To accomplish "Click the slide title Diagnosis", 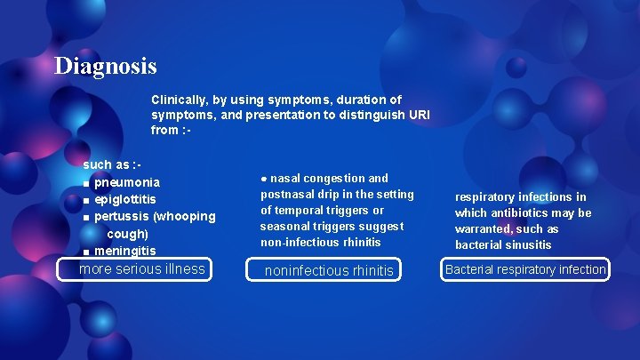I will (105, 66).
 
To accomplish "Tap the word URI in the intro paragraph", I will (418, 115).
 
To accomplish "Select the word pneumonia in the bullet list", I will (127, 183).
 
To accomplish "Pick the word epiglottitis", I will (125, 200).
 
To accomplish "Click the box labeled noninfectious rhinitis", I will (329, 270).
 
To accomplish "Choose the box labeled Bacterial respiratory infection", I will (525, 269).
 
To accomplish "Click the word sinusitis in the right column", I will (531, 244).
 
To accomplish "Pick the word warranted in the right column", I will (483, 228).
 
